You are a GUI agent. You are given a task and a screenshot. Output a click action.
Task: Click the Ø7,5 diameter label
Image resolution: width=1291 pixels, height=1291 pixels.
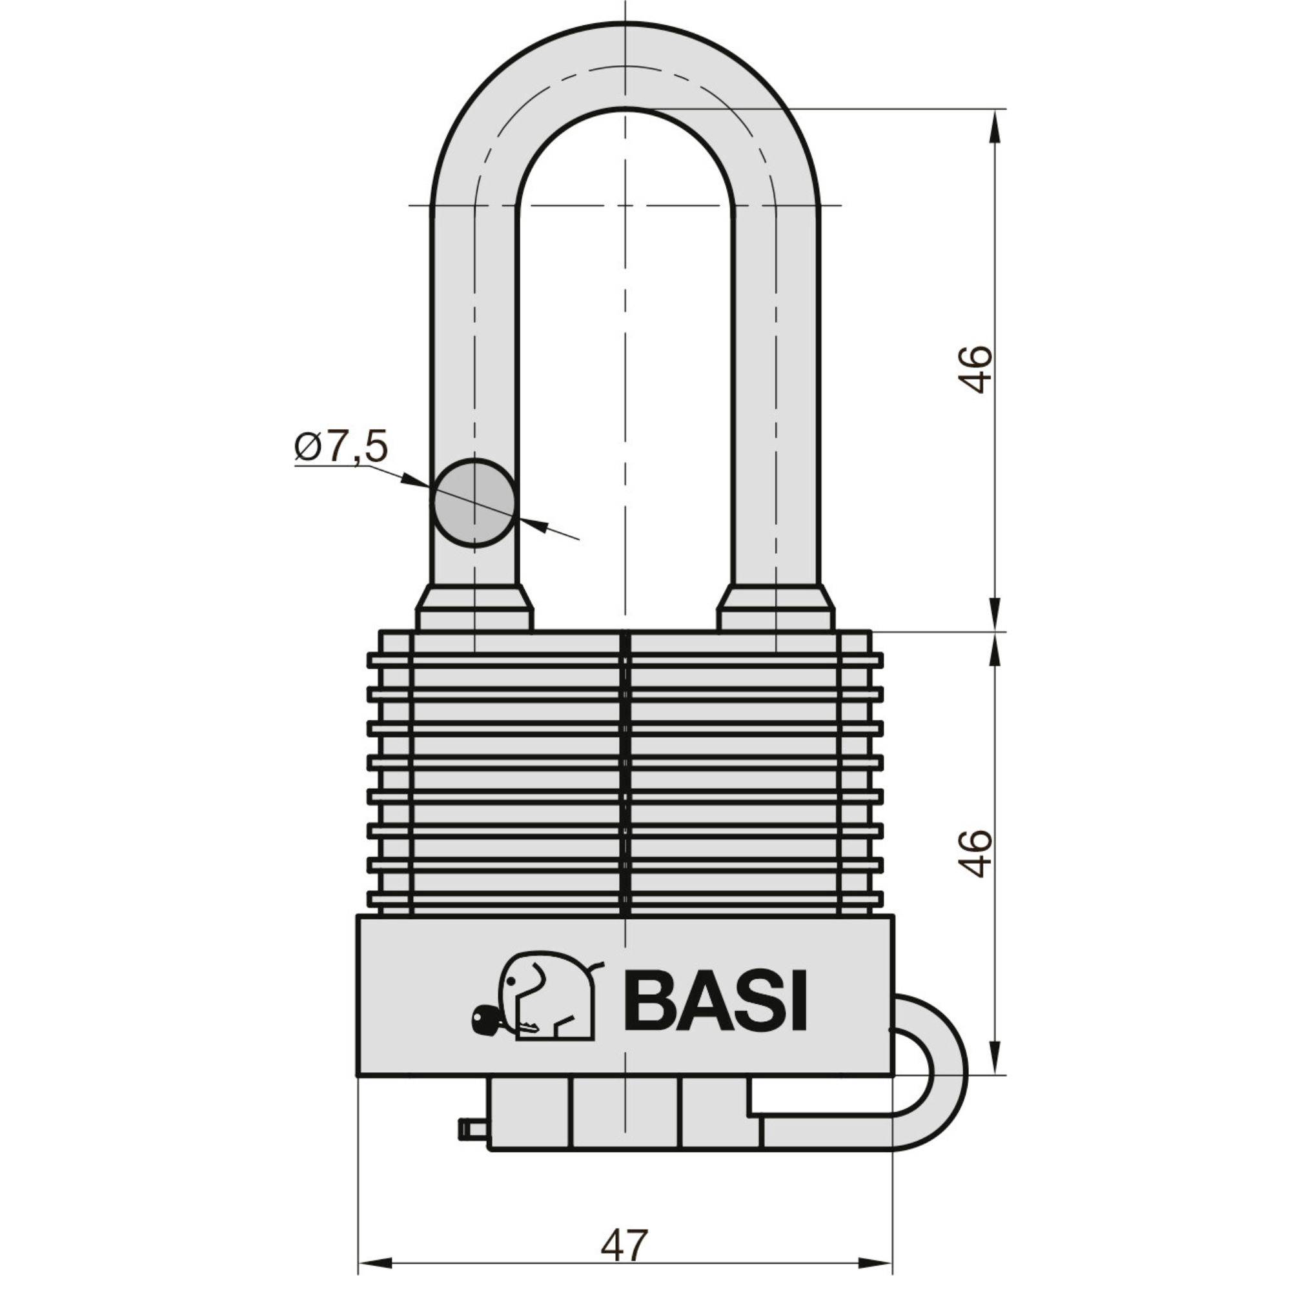click(x=341, y=447)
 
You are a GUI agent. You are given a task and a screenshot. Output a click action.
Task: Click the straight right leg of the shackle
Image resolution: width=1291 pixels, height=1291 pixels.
click(x=775, y=401)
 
